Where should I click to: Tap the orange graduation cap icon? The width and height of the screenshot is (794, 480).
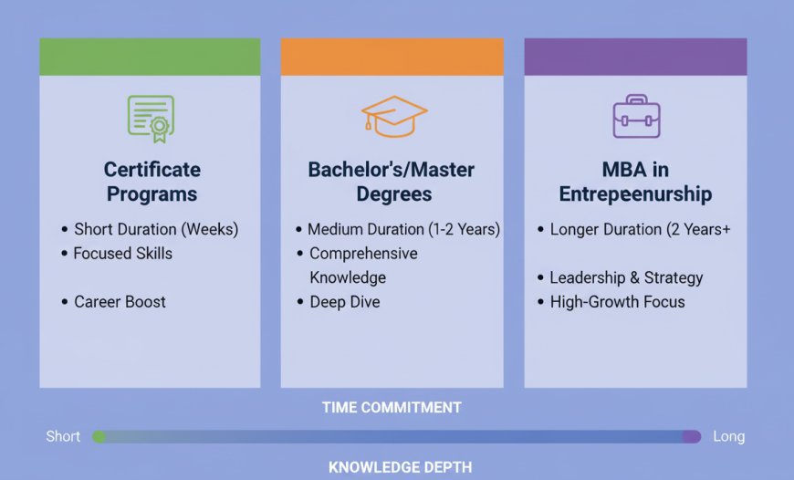click(394, 117)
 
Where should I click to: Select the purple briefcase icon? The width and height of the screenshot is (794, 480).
click(636, 116)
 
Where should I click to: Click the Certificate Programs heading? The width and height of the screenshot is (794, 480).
click(151, 182)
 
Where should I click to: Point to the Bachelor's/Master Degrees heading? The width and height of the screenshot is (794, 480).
click(392, 182)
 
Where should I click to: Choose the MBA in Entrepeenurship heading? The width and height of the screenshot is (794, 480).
click(635, 182)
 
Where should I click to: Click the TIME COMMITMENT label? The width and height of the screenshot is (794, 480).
click(392, 408)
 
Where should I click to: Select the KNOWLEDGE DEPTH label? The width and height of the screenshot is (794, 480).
click(400, 467)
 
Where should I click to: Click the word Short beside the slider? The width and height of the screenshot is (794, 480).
click(63, 436)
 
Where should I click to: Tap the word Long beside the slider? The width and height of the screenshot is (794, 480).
click(728, 436)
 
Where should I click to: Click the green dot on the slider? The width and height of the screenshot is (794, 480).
click(99, 436)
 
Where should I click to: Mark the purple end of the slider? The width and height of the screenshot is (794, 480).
click(692, 436)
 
